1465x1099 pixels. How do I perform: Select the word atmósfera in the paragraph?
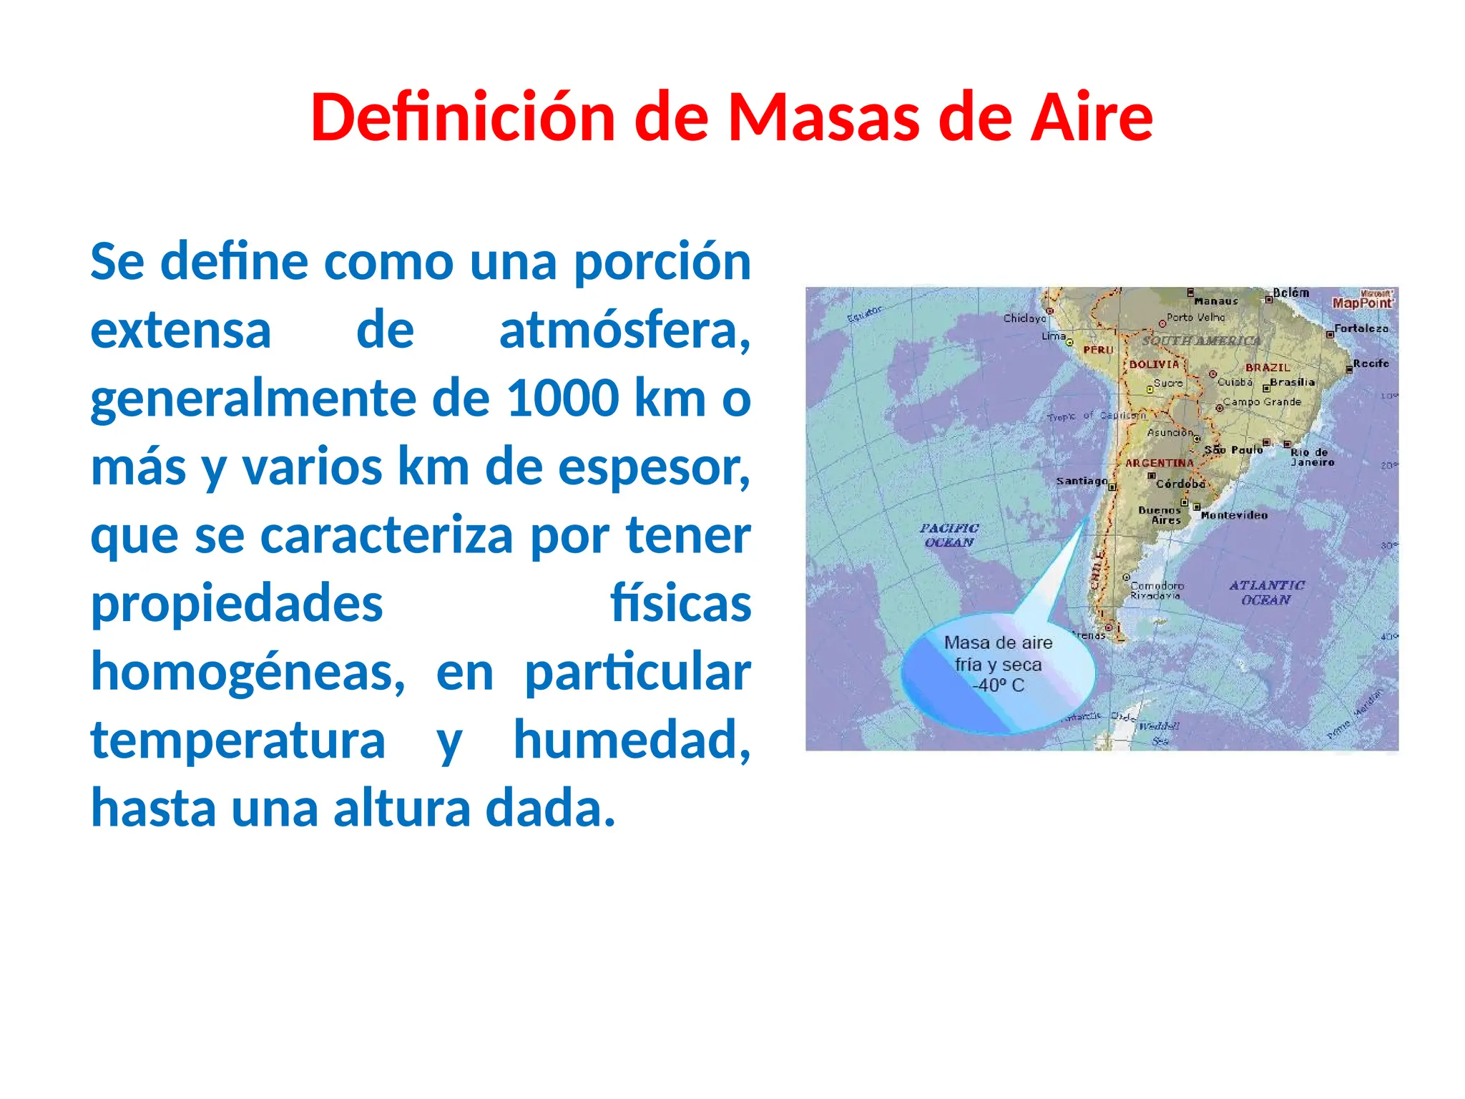click(624, 331)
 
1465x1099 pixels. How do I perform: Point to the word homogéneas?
click(248, 673)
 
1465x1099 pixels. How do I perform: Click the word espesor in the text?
click(653, 467)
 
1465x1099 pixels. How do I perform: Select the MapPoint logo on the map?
click(1362, 301)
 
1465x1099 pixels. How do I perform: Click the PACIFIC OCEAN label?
click(949, 535)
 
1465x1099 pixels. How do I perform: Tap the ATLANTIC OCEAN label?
click(1266, 592)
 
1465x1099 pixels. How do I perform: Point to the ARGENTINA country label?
click(1160, 463)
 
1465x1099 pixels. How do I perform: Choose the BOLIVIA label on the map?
click(1154, 364)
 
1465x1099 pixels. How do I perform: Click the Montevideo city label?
click(1234, 515)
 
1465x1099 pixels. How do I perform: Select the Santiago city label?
click(1082, 481)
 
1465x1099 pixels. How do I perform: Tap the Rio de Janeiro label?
click(1312, 457)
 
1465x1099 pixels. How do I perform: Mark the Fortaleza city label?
click(1361, 328)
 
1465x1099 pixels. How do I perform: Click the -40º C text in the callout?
click(998, 685)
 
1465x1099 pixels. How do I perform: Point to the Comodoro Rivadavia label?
click(1156, 590)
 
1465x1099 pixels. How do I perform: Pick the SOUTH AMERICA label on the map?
click(1201, 341)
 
